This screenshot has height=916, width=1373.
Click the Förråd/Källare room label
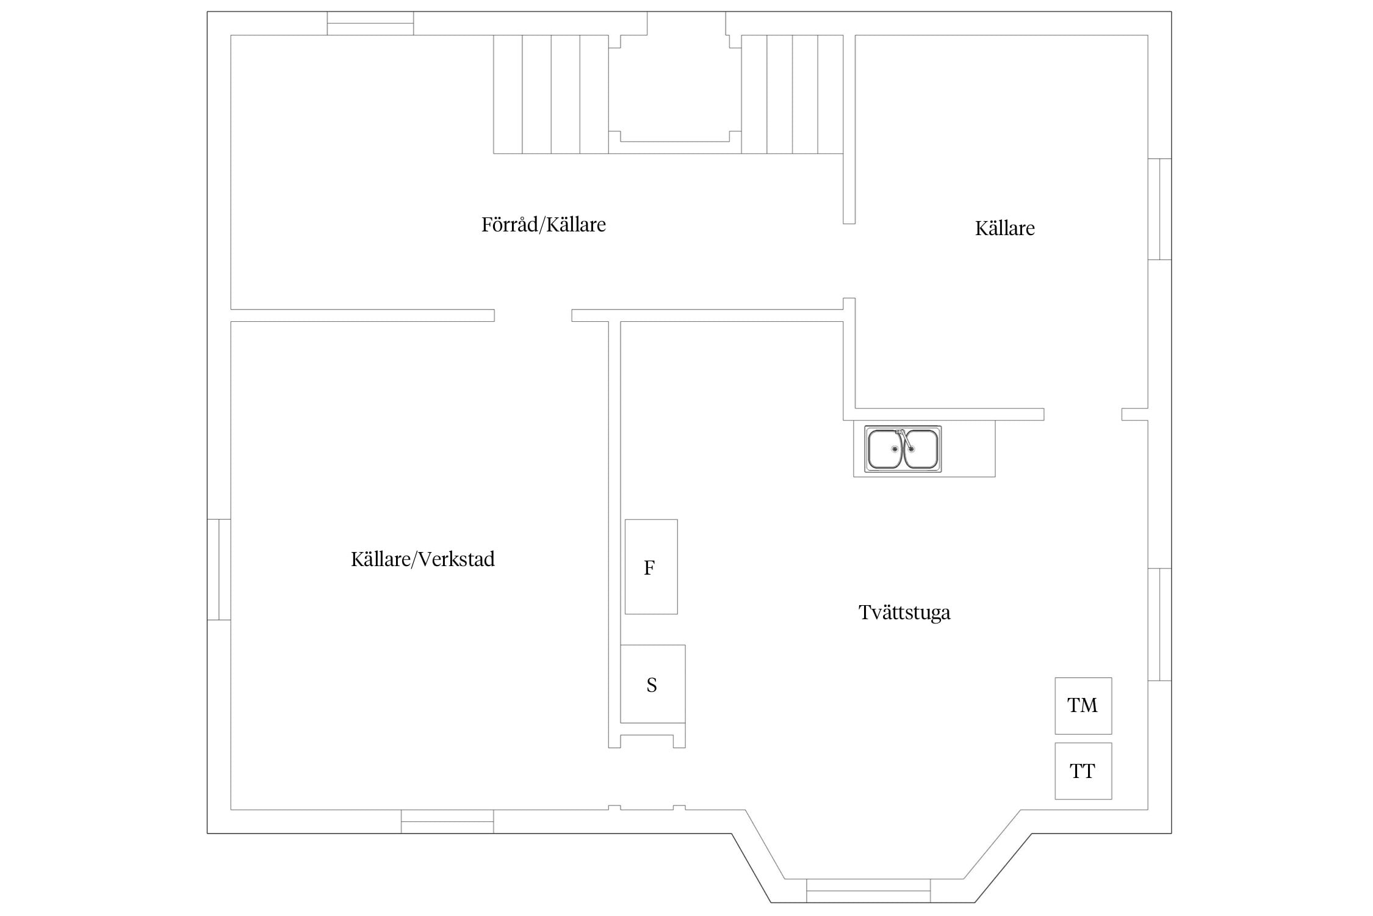[x=543, y=225]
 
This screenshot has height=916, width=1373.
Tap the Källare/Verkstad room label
[x=422, y=559]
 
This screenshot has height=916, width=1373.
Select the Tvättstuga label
[x=904, y=612]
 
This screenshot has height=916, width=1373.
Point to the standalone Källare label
[x=1004, y=228]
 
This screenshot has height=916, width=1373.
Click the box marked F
[x=651, y=567]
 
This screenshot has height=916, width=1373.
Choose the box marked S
[x=653, y=684]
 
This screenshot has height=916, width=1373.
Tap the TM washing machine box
[x=1083, y=705]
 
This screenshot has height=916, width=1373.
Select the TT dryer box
[x=1083, y=771]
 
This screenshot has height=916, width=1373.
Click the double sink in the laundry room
[x=903, y=449]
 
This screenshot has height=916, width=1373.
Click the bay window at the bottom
[x=868, y=890]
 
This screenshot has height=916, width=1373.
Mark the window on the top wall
[x=370, y=23]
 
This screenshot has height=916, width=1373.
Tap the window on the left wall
[x=219, y=569]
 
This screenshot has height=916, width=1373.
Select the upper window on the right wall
[x=1159, y=209]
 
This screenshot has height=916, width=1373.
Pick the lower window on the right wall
[x=1159, y=624]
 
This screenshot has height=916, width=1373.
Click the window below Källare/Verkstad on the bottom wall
[x=447, y=821]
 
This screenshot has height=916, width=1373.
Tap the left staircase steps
[x=550, y=94]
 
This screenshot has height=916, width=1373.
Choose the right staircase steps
[x=792, y=94]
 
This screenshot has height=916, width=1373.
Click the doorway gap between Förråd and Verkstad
[x=533, y=315]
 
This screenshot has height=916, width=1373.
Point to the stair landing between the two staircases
[x=675, y=89]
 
